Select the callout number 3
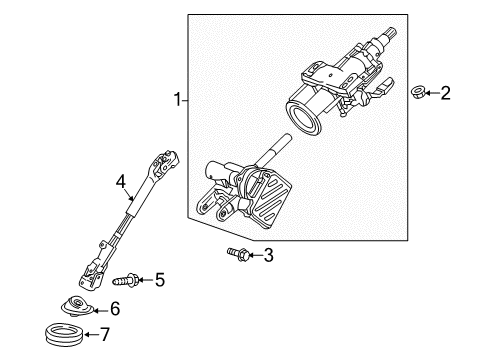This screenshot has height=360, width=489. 267,256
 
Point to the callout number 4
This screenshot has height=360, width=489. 120,182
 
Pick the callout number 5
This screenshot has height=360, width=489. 159,279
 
